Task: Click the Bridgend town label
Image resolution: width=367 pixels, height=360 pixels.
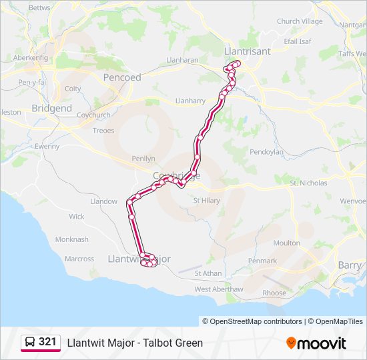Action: [51, 108]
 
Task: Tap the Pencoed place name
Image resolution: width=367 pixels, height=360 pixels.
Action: [122, 77]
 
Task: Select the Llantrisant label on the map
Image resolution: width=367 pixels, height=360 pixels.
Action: [248, 51]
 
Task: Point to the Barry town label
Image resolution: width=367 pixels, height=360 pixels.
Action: [350, 265]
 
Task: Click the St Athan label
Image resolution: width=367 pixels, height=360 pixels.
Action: [208, 273]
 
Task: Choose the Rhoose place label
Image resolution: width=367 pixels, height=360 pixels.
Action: [274, 293]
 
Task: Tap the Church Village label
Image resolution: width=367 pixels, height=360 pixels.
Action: [300, 21]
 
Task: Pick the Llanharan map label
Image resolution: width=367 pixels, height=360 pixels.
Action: [182, 60]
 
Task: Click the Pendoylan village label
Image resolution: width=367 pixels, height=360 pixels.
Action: [266, 152]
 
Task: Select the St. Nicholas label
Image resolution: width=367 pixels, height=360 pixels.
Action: [308, 183]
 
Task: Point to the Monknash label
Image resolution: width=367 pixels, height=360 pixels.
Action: [71, 239]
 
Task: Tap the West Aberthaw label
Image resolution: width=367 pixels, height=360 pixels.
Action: [219, 289]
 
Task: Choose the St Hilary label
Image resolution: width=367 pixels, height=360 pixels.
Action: [206, 200]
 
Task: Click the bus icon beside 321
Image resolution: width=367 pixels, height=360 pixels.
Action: [30, 343]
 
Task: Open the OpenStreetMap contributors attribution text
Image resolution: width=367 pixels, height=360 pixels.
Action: [256, 321]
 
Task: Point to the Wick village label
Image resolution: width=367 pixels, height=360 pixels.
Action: [77, 217]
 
